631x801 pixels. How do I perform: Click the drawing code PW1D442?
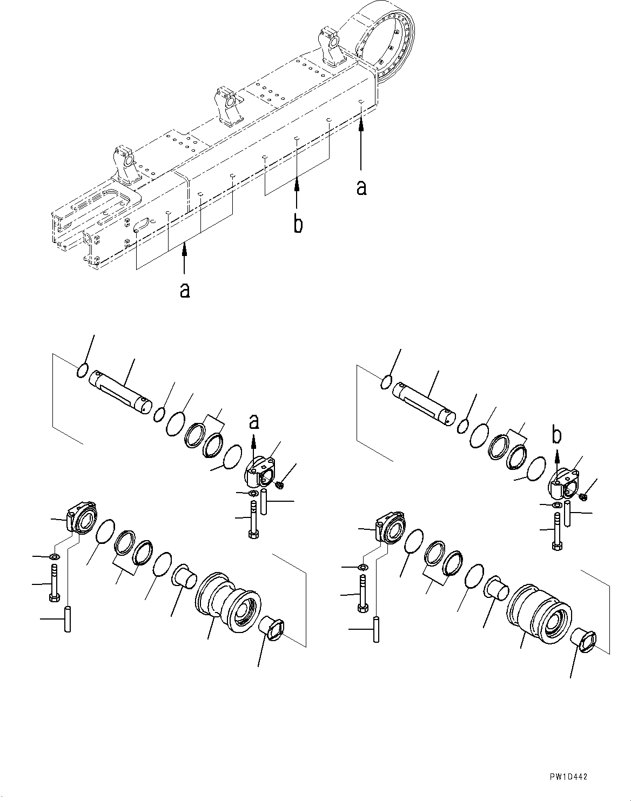(566, 777)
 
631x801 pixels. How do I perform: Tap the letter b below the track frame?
(298, 224)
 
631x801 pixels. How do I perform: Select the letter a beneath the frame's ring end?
(361, 187)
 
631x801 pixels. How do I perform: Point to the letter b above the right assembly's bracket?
(556, 434)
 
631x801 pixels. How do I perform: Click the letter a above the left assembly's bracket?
(253, 421)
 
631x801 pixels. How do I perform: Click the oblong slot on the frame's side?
(142, 224)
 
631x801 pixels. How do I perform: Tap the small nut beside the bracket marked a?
(279, 485)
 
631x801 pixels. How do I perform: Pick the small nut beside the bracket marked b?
(582, 495)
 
